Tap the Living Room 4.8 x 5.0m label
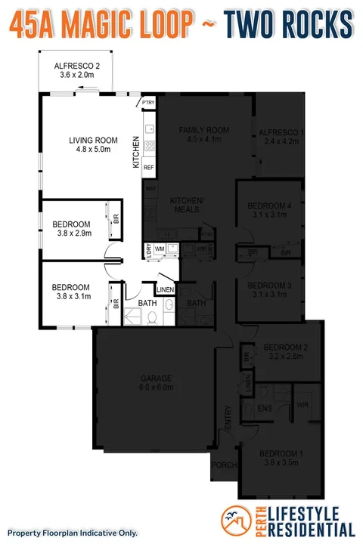pos(94,144)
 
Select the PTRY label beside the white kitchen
pos(148,104)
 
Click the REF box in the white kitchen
pos(149,167)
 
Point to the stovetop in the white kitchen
pos(149,146)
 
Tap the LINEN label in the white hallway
pos(166,289)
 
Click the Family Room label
pos(203,134)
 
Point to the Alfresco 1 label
pos(281,137)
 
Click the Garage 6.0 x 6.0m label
pos(157,382)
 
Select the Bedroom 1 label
pos(281,458)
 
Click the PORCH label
pos(224,465)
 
